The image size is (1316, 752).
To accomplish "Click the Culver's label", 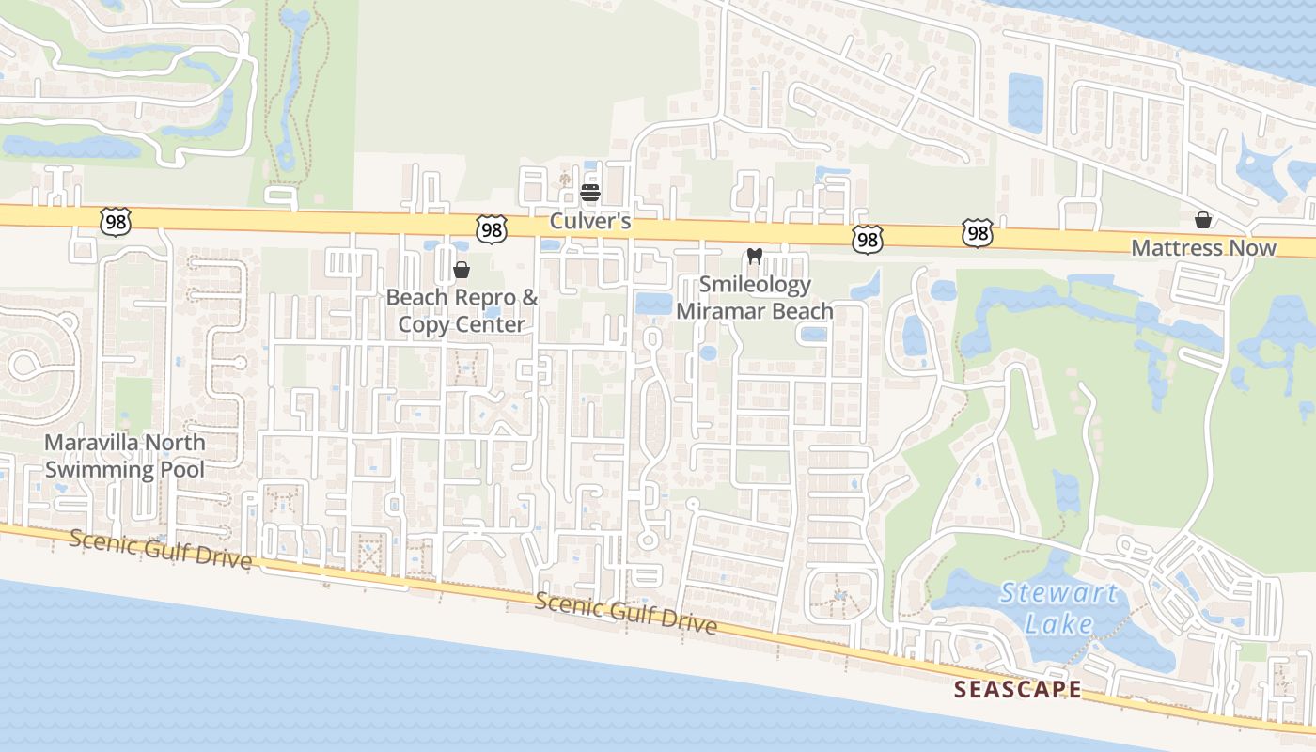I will (589, 223).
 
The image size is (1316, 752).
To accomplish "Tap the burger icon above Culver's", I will (590, 194).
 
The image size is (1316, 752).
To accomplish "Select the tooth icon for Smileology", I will (753, 256).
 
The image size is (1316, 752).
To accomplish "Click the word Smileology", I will (755, 284).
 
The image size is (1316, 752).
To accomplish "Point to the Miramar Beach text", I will (755, 310).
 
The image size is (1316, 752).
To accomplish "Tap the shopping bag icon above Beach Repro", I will (462, 270).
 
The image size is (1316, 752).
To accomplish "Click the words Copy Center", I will (462, 324).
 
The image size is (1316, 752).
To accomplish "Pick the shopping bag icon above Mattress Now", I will (1202, 220).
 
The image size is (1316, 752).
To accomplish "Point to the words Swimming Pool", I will (125, 469).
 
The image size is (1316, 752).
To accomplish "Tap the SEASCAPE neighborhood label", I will (1017, 689).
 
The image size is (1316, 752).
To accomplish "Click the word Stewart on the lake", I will (1058, 593).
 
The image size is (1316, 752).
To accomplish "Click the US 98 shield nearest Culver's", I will (492, 228).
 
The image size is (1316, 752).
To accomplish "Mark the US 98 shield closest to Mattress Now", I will (978, 233).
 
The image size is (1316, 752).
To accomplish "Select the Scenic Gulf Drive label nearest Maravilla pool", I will (161, 549).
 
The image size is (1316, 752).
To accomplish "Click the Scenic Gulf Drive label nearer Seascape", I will (626, 614).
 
